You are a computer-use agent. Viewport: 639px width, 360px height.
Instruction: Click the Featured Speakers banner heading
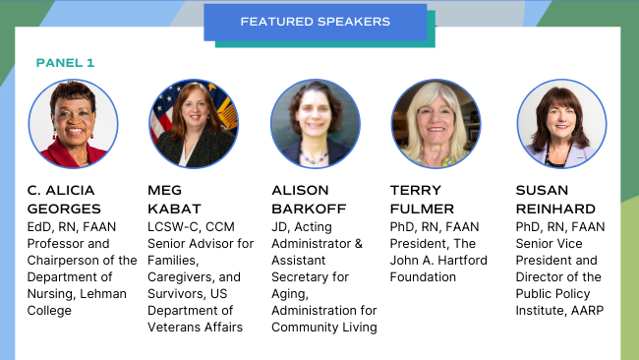pyautogui.click(x=315, y=21)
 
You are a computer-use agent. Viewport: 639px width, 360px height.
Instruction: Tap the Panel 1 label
pyautogui.click(x=65, y=62)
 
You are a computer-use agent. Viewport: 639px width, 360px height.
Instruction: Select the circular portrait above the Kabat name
pyautogui.click(x=194, y=124)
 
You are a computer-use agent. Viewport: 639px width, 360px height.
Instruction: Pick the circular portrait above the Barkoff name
pyautogui.click(x=315, y=124)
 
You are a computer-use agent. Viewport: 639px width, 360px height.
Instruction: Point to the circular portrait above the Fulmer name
pyautogui.click(x=436, y=124)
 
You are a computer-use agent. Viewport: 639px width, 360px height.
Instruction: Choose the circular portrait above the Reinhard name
pyautogui.click(x=560, y=124)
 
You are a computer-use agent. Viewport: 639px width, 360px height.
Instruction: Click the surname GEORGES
pyautogui.click(x=66, y=209)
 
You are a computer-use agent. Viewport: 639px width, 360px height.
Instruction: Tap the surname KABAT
pyautogui.click(x=176, y=209)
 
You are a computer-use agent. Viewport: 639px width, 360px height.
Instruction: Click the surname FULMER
pyautogui.click(x=423, y=209)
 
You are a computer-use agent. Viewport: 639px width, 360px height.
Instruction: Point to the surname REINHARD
pyautogui.click(x=555, y=209)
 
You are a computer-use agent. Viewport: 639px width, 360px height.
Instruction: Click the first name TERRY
pyautogui.click(x=416, y=190)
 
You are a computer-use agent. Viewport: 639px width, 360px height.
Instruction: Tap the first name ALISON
pyautogui.click(x=301, y=190)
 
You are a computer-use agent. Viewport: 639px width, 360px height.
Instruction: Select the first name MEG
pyautogui.click(x=166, y=190)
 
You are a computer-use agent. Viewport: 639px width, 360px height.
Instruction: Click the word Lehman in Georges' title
pyautogui.click(x=111, y=293)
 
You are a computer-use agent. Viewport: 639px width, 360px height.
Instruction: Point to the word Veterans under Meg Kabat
pyautogui.click(x=175, y=327)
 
